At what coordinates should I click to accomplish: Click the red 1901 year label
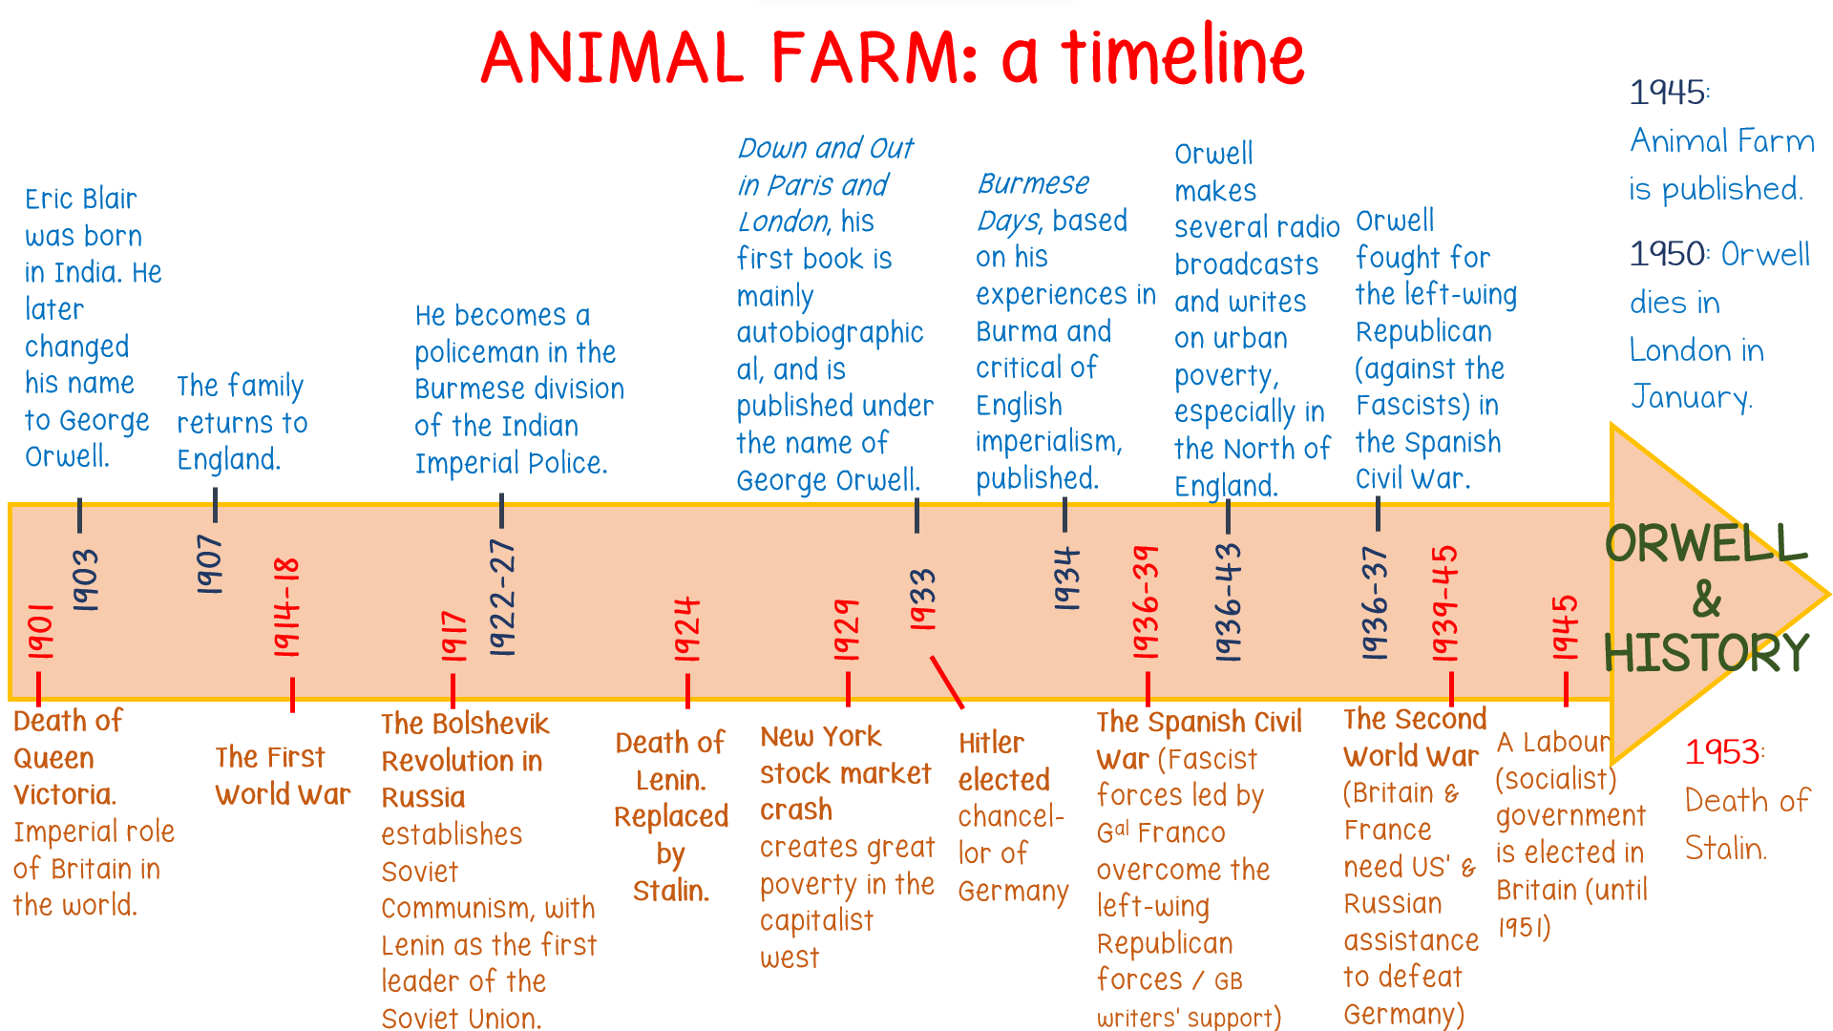40,631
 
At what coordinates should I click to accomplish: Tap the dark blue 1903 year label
85,579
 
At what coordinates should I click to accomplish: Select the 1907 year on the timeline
209,564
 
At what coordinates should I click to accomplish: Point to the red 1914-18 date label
286,607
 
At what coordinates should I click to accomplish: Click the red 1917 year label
453,636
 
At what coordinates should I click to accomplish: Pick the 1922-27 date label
502,597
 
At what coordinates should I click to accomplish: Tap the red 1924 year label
687,629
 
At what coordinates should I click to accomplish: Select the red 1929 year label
847,629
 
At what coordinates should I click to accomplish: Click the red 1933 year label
922,599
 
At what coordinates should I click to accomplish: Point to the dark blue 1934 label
1065,579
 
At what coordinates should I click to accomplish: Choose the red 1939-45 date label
1444,603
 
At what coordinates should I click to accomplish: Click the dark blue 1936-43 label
1228,601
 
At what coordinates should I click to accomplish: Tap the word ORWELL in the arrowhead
1706,543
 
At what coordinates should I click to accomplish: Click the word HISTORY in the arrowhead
1706,653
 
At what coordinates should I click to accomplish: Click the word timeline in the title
1183,54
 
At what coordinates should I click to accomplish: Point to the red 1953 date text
1724,752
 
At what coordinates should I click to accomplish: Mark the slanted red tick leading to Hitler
947,682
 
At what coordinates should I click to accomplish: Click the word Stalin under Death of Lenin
671,891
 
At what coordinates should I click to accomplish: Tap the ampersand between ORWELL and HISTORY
1707,599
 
